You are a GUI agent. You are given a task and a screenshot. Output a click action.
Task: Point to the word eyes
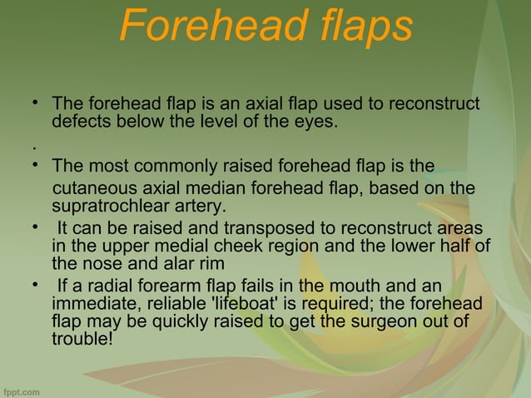[x=318, y=122]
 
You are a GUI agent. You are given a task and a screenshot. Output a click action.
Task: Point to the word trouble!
[x=82, y=337]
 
